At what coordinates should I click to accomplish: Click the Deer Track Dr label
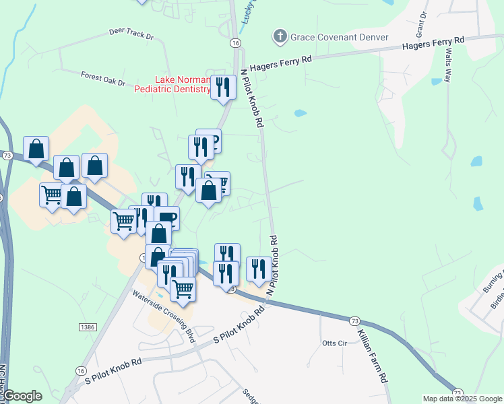click(131, 32)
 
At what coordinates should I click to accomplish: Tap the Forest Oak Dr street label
click(103, 78)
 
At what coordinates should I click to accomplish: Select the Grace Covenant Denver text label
click(340, 36)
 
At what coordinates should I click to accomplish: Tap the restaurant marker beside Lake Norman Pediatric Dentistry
click(223, 87)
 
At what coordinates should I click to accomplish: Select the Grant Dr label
click(422, 24)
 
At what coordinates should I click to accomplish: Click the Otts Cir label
click(334, 343)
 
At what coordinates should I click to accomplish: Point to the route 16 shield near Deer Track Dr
click(234, 42)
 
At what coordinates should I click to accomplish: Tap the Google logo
click(22, 396)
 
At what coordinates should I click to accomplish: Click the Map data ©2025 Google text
click(462, 399)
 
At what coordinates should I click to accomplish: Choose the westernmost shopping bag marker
click(36, 148)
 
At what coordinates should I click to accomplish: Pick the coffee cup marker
click(166, 217)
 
